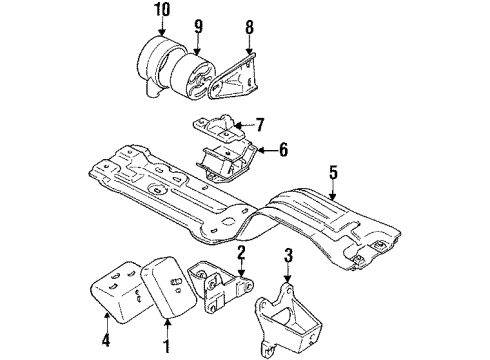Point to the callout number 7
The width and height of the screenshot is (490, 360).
[x=259, y=126]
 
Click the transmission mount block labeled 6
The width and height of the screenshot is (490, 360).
[x=222, y=160]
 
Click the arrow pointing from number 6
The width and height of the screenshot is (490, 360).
[x=262, y=152]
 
